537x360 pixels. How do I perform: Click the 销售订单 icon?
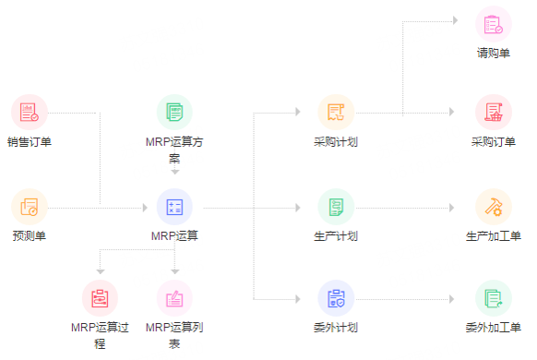30,113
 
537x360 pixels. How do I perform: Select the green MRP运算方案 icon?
174,113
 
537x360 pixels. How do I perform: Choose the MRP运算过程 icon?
101,298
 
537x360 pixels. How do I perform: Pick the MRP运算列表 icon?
174,298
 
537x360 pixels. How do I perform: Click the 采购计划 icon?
336,113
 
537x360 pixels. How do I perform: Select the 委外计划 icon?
336,298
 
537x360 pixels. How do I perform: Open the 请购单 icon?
494,23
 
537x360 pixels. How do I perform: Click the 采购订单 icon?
494,113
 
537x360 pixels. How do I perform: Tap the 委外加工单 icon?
494,298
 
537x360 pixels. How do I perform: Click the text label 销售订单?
30,142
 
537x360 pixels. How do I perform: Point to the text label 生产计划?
336,236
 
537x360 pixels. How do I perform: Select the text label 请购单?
494,53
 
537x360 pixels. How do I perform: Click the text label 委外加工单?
494,328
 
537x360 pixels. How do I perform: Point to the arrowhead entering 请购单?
452,18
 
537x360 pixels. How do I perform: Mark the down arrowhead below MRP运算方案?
174,172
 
